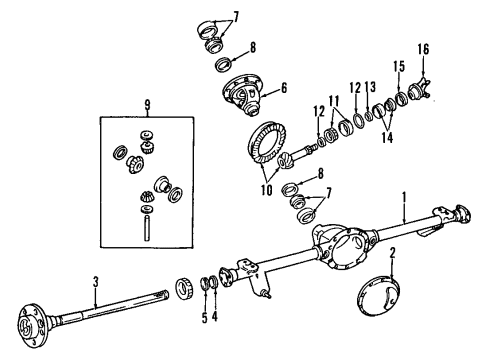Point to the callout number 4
[x=214, y=319]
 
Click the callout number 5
[x=203, y=319]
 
